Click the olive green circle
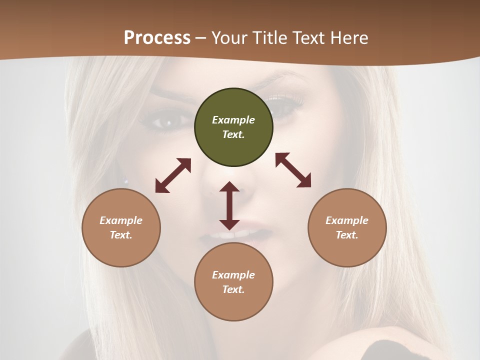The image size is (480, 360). [233, 127]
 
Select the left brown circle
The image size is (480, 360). [121, 227]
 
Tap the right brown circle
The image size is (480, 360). [347, 227]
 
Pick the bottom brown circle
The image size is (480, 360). [233, 282]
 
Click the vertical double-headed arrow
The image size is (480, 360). [229, 205]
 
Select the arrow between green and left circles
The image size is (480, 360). [173, 175]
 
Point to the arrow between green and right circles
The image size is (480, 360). [293, 170]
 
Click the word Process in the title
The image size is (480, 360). [157, 37]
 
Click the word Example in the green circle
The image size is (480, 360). [233, 120]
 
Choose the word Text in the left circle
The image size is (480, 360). [121, 235]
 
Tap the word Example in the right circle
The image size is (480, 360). [347, 220]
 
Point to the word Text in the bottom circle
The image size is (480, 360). [233, 289]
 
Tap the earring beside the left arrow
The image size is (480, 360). [125, 181]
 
